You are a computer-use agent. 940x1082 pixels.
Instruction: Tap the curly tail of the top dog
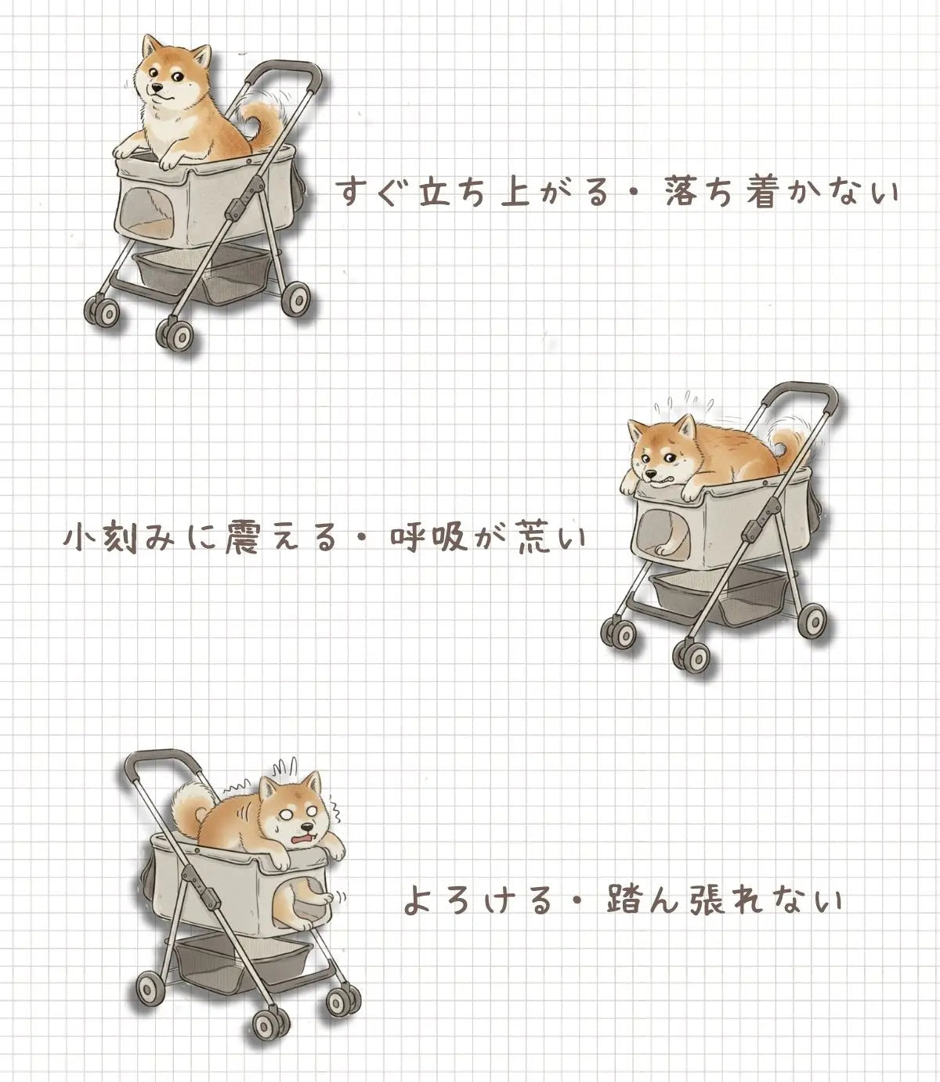pyautogui.click(x=263, y=124)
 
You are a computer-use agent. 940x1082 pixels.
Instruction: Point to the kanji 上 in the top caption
pyautogui.click(x=515, y=192)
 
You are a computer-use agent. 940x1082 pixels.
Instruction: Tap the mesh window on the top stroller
pyautogui.click(x=149, y=211)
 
